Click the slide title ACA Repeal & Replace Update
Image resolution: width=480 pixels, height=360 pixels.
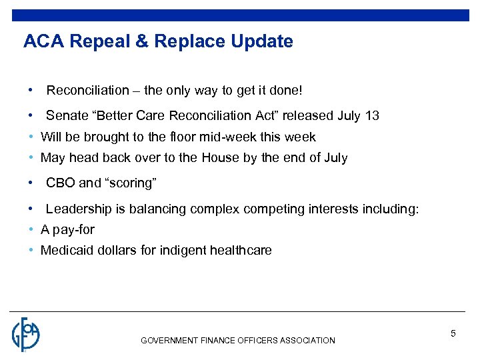point(158,42)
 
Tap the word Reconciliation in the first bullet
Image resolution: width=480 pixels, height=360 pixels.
point(87,89)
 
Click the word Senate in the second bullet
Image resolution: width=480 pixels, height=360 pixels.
point(67,115)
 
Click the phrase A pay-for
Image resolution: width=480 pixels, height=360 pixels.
point(67,230)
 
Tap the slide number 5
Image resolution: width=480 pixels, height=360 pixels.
point(453,333)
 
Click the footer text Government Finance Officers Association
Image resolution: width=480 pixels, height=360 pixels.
point(238,341)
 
